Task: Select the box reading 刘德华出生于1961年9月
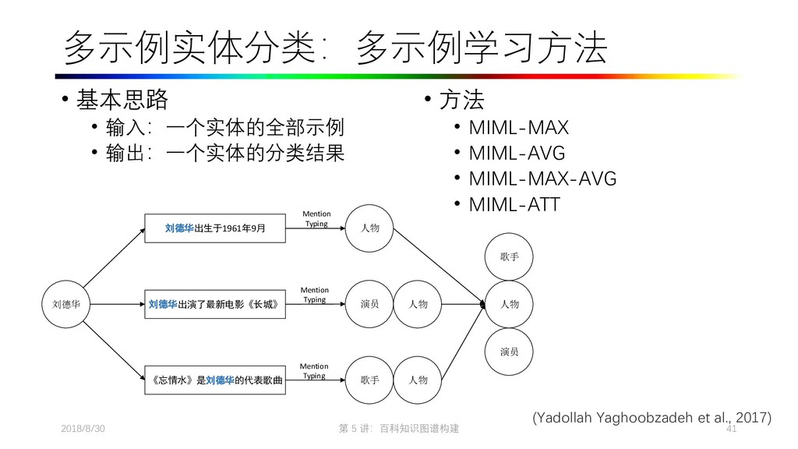[x=214, y=228]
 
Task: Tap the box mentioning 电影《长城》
[x=214, y=305]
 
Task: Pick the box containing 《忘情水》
[x=214, y=380]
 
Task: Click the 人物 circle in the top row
[x=370, y=228]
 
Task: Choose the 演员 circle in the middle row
[x=370, y=305]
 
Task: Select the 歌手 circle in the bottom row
[x=370, y=380]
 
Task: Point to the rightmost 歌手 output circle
[x=509, y=256]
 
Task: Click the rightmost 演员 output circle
[x=509, y=352]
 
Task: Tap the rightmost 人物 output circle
[x=509, y=305]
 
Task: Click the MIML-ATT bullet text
[x=514, y=205]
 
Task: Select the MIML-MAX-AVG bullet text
[x=542, y=179]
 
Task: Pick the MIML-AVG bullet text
[x=517, y=153]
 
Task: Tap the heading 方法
[x=462, y=101]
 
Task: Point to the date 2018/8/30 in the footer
[x=83, y=430]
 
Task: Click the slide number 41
[x=731, y=430]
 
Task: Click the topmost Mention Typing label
[x=316, y=218]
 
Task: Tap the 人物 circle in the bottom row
[x=417, y=380]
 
